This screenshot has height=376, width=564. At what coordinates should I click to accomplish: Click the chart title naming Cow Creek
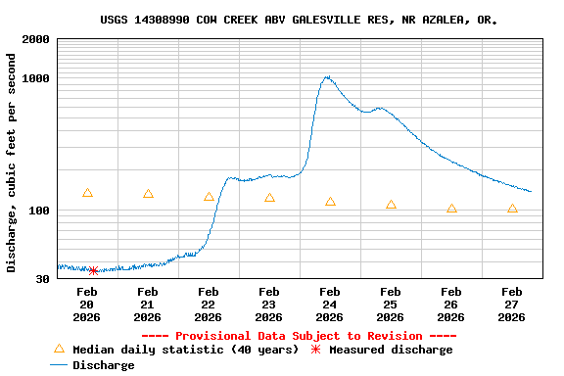point(298,20)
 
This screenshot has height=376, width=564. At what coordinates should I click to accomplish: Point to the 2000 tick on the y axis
point(36,39)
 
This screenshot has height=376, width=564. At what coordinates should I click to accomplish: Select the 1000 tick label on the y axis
point(36,78)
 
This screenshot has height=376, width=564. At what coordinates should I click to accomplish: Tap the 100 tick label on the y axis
point(39,211)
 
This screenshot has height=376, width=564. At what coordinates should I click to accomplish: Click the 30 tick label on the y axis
point(43,280)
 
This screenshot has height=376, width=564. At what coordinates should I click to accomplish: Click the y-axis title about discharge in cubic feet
point(12,163)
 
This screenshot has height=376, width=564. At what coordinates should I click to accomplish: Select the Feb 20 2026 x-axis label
point(87,304)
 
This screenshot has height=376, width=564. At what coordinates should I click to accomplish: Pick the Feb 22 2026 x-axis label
point(209,304)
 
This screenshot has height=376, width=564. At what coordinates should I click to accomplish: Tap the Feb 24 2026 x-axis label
point(330,304)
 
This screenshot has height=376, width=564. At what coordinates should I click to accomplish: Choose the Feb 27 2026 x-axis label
point(512,304)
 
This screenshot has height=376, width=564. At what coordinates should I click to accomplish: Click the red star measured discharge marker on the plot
point(93,270)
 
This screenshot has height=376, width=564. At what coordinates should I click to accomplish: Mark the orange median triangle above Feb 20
point(87,193)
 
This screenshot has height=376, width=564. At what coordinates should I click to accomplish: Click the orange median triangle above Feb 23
point(269,198)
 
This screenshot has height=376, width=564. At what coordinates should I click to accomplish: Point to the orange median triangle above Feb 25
point(391,205)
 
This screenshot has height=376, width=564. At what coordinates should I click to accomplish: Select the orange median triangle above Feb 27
point(512,209)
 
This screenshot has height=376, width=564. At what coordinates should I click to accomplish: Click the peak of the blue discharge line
point(326,76)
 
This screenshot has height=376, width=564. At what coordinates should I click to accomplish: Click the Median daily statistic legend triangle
point(59,349)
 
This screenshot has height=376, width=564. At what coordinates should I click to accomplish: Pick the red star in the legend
point(315,350)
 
